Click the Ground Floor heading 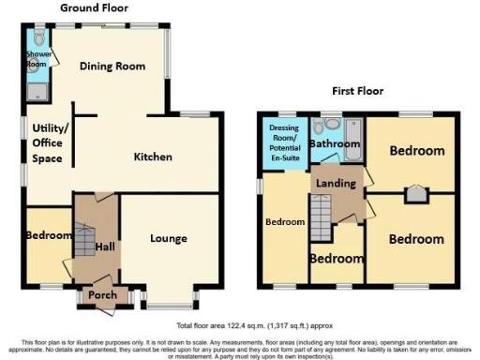[x=94, y=7]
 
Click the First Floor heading [x=357, y=91]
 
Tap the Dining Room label [x=112, y=67]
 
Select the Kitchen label [x=150, y=157]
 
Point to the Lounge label [x=169, y=238]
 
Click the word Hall [x=105, y=246]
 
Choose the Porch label [x=100, y=297]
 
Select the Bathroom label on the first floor [x=335, y=145]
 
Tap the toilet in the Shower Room [x=37, y=38]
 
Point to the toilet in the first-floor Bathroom [x=331, y=126]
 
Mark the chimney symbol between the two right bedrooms [x=412, y=193]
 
